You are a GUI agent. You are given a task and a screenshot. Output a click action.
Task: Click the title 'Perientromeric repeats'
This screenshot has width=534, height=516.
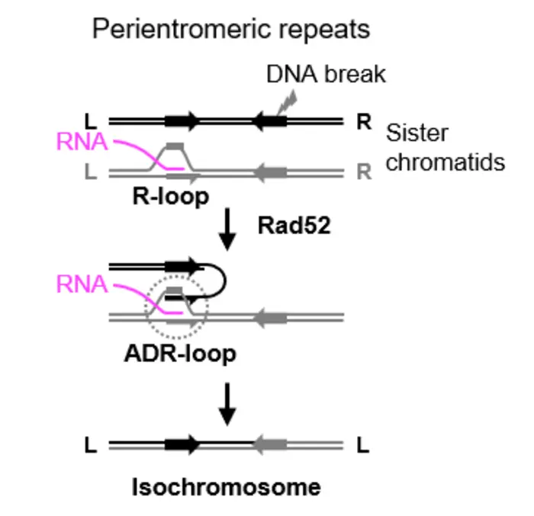point(230,29)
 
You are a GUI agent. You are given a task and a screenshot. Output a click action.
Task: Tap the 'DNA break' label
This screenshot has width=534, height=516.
point(326,74)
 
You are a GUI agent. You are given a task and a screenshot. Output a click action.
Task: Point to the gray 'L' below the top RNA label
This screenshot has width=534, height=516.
point(92,172)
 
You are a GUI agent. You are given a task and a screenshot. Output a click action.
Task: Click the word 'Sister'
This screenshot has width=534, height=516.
point(417,133)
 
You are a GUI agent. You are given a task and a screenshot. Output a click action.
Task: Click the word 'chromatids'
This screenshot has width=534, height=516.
point(446,162)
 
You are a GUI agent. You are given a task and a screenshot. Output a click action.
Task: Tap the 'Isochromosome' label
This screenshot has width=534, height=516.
point(226,486)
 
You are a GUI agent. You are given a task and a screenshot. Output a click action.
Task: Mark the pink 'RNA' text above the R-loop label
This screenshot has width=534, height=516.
point(82,143)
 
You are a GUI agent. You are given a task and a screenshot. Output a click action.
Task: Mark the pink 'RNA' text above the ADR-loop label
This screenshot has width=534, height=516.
point(82,285)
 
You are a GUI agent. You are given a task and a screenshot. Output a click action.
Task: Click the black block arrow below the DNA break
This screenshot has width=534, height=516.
point(269,120)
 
